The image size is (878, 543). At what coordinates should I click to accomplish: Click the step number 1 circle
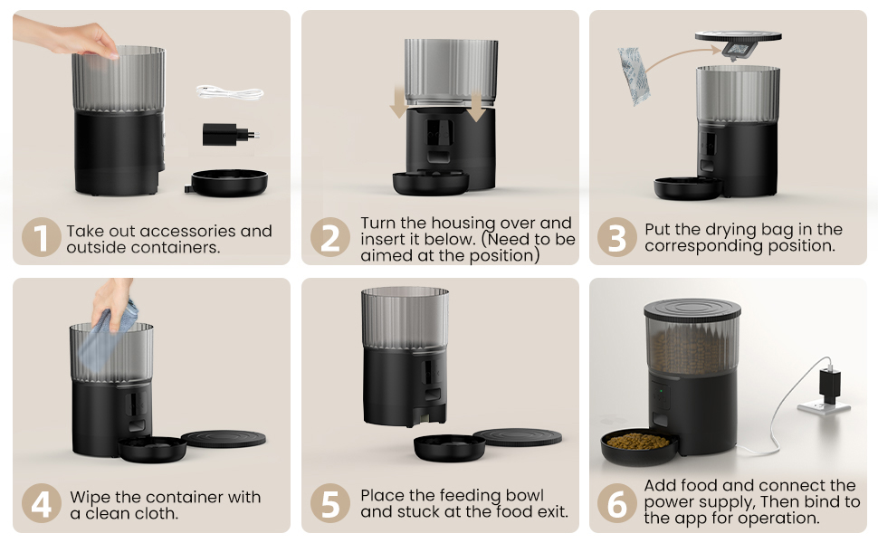coord(41,237)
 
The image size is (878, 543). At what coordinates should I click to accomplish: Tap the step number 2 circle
coord(329,237)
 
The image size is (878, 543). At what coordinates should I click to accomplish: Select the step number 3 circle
coord(617,237)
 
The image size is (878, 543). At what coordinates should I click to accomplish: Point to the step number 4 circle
coord(41,503)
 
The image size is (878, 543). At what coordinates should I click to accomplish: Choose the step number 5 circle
coord(329,503)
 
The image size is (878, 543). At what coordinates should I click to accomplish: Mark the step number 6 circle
coord(617,503)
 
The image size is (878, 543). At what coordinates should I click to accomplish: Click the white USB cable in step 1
coord(230,92)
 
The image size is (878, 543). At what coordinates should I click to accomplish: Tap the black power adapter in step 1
coord(230,134)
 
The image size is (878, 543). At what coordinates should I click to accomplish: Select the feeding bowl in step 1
coord(227,183)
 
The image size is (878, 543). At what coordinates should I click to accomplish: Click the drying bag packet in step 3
coord(633,76)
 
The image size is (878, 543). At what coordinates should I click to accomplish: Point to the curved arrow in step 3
coord(683,56)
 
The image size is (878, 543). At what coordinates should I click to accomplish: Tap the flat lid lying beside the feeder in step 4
coord(224,438)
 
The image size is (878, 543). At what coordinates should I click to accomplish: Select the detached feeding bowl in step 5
coord(449,448)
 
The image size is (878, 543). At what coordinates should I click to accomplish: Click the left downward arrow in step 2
coord(398,102)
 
